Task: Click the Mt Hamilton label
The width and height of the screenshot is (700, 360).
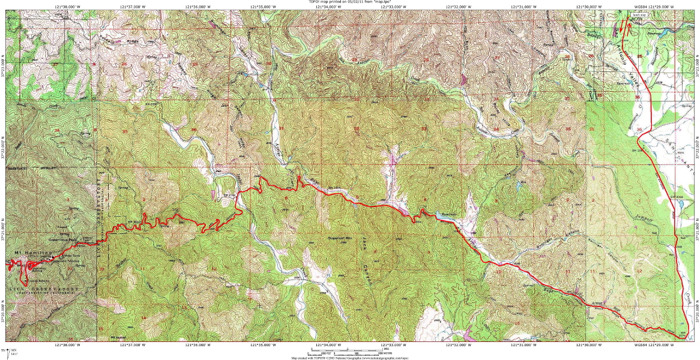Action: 22,254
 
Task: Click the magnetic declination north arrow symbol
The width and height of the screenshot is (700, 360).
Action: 7,350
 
